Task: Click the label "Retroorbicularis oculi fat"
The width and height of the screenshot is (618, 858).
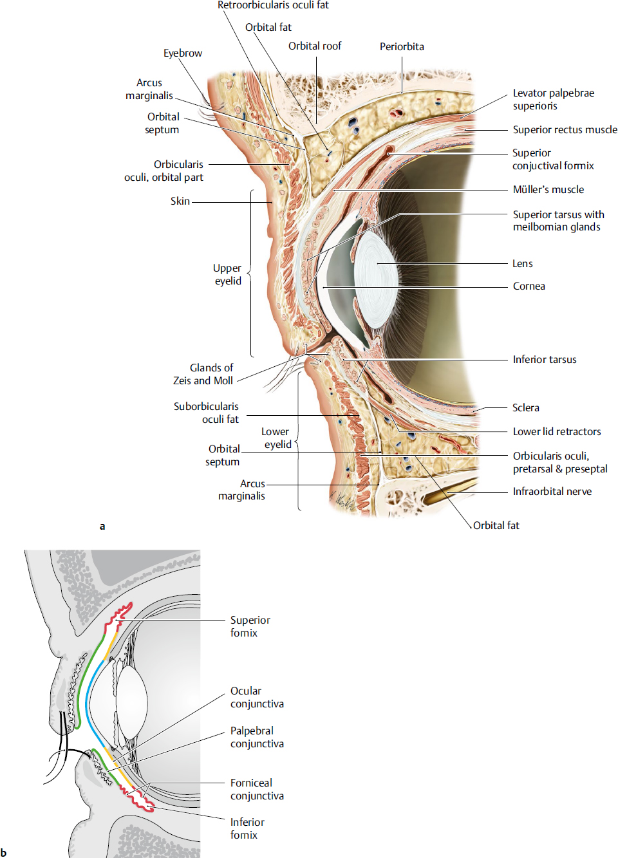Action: coord(273,5)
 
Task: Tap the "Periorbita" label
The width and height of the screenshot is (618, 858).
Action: coord(402,47)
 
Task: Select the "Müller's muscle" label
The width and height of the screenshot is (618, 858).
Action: coord(548,190)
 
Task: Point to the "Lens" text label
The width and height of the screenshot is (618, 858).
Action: coord(523,264)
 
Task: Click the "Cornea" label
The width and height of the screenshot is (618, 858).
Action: coord(529,286)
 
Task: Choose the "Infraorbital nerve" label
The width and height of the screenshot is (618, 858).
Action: coord(552,492)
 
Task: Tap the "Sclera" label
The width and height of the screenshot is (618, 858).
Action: coord(526,408)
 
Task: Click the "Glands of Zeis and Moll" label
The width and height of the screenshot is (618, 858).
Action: coord(203,375)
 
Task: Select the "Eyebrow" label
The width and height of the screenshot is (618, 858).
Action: coord(183,53)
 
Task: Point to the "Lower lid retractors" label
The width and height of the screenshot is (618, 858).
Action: coord(557,432)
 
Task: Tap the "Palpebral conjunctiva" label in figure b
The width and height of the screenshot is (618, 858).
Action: coord(257,738)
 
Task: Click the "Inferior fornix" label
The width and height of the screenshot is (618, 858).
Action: coord(247,829)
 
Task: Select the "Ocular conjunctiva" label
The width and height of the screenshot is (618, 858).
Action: coord(257,698)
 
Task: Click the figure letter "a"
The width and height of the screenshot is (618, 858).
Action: coord(102,527)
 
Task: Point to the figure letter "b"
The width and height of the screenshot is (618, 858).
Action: coord(4,853)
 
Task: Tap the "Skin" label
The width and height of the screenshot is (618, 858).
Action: coord(180,201)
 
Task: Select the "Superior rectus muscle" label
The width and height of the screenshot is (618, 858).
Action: coord(565,130)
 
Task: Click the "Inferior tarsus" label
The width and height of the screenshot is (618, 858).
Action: coord(545,360)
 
